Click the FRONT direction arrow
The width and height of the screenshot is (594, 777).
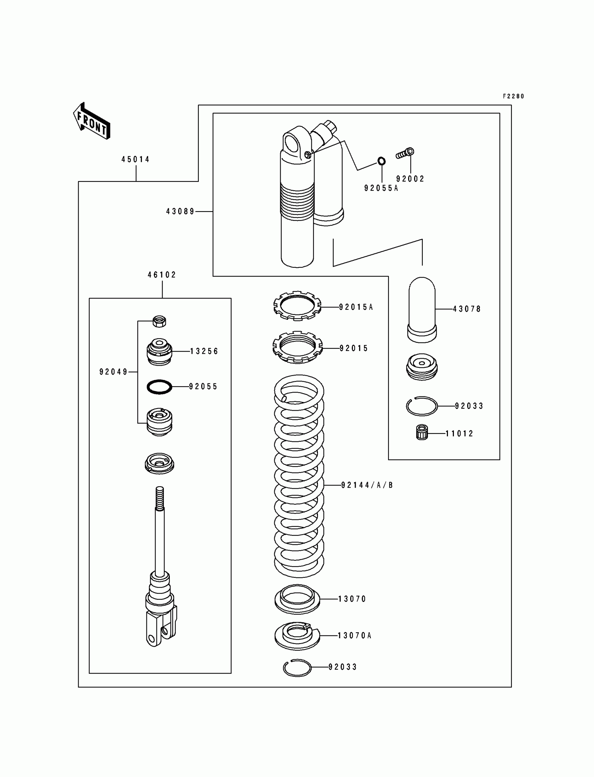pyautogui.click(x=92, y=121)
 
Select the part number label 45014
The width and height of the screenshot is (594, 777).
pyautogui.click(x=136, y=159)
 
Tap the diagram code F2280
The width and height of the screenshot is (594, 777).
pyautogui.click(x=513, y=96)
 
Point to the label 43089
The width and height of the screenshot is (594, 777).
pyautogui.click(x=180, y=211)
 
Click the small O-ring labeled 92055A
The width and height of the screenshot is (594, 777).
pyautogui.click(x=382, y=161)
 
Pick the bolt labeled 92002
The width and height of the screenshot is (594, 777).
pyautogui.click(x=405, y=153)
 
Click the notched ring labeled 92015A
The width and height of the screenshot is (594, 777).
pyautogui.click(x=297, y=305)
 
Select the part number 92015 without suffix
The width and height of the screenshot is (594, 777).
pyautogui.click(x=354, y=348)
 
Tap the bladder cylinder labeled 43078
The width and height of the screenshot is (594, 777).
pyautogui.click(x=422, y=309)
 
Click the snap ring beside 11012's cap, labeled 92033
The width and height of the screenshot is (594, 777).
pyautogui.click(x=421, y=406)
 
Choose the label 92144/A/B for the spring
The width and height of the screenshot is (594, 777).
pyautogui.click(x=367, y=485)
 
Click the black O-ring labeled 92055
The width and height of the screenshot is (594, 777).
pyautogui.click(x=159, y=387)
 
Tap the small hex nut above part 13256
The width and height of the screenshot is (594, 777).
pyautogui.click(x=159, y=321)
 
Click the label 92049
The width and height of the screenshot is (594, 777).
pyautogui.click(x=113, y=372)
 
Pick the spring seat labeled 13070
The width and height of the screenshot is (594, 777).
pyautogui.click(x=297, y=599)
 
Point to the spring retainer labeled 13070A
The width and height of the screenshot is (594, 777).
pyautogui.click(x=297, y=635)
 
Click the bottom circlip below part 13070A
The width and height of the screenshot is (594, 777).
pyautogui.click(x=297, y=667)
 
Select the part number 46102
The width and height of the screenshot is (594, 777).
pyautogui.click(x=161, y=275)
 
